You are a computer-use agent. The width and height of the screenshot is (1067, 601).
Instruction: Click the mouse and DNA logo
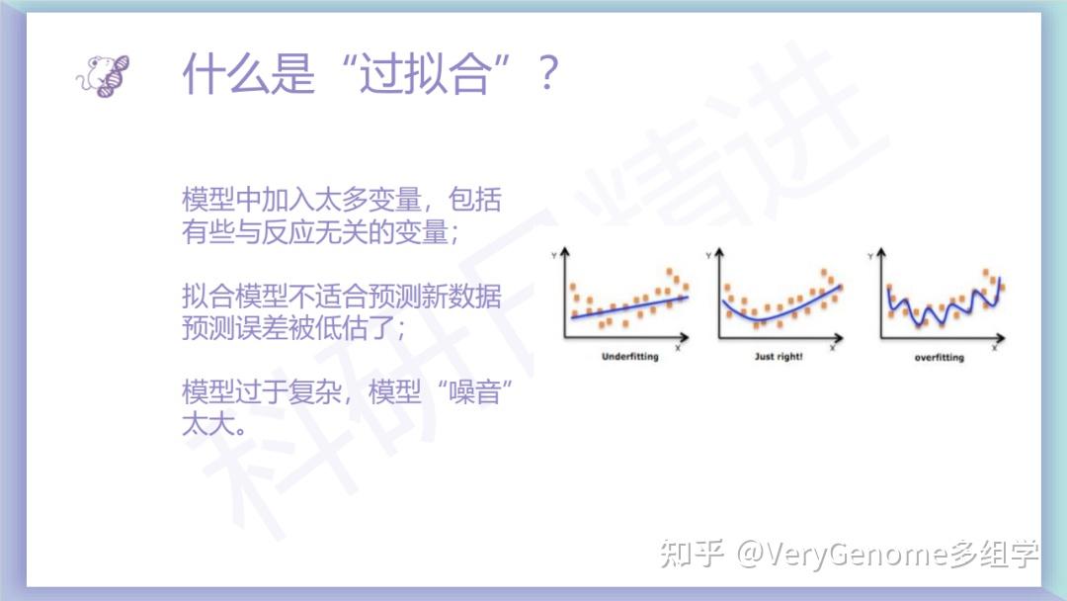pyautogui.click(x=103, y=75)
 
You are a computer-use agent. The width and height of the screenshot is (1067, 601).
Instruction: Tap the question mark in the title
pyautogui.click(x=547, y=74)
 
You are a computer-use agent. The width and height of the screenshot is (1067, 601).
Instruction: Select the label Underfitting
pyautogui.click(x=630, y=356)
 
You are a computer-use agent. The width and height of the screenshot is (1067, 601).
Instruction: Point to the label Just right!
pyautogui.click(x=779, y=356)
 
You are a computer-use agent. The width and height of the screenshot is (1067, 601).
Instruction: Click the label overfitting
pyautogui.click(x=940, y=357)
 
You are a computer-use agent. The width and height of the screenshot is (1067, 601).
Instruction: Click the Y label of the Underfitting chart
pyautogui.click(x=554, y=255)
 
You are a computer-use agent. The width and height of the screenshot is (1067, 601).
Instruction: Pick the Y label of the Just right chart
pyautogui.click(x=709, y=255)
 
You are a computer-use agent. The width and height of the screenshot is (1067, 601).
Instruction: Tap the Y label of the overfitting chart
pyautogui.click(x=870, y=256)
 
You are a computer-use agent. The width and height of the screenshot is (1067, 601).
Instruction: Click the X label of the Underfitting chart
pyautogui.click(x=678, y=348)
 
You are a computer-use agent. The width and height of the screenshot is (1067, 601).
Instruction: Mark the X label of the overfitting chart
pyautogui.click(x=994, y=348)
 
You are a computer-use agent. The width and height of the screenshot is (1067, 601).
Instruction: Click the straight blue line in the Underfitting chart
pyautogui.click(x=629, y=307)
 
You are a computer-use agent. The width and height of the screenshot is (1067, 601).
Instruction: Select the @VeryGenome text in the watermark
pyautogui.click(x=843, y=554)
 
